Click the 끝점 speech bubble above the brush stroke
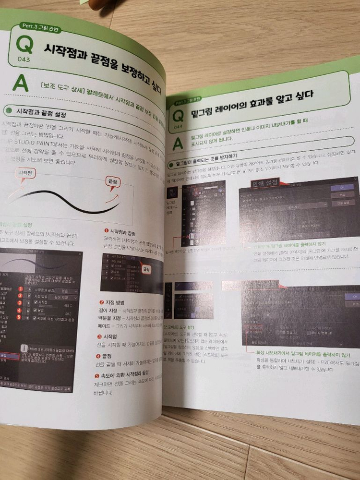click(114, 182)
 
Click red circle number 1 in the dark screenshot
click(21, 289)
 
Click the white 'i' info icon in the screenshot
click(24, 348)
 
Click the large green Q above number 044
click(178, 116)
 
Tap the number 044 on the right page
click(178, 127)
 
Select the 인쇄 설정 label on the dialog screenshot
click(265, 183)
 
